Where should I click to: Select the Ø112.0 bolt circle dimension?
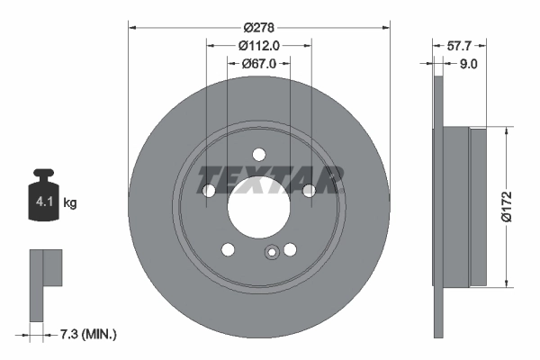(258, 46)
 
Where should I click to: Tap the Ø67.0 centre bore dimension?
(258, 64)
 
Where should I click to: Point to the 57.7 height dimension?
(460, 44)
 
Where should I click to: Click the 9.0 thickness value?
(469, 64)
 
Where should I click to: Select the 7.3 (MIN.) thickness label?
(86, 334)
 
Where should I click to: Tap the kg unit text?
(70, 203)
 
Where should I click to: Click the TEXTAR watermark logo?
(270, 179)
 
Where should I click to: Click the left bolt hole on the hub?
(209, 190)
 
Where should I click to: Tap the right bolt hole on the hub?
(310, 190)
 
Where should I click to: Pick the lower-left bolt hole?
(229, 249)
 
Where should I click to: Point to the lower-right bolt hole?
(290, 249)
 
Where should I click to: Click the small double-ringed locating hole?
(271, 253)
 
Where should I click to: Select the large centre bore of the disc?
(259, 206)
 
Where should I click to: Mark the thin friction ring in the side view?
(439, 205)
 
